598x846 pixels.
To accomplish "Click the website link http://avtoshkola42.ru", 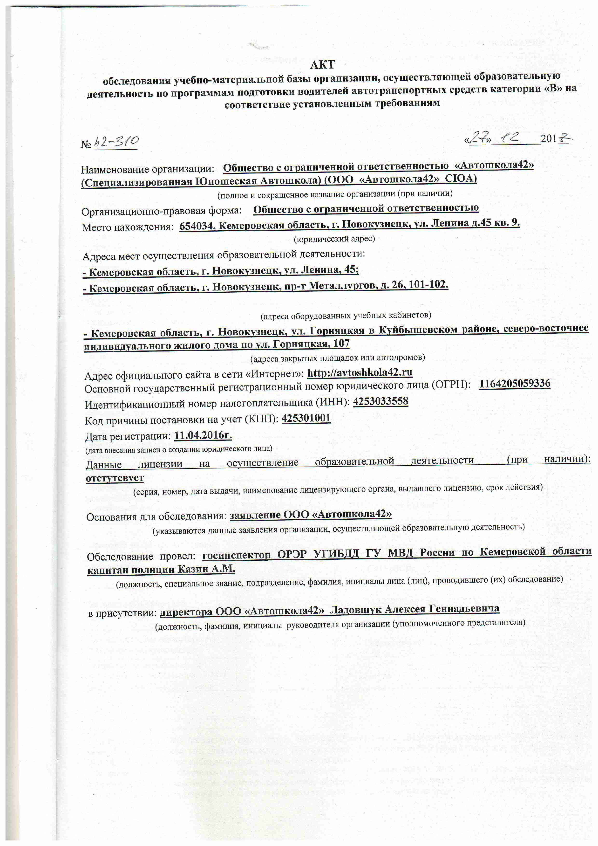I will point(360,372).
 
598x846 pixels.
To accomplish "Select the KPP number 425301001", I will point(306,418).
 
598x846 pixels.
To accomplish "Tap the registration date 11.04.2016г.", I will point(203,435).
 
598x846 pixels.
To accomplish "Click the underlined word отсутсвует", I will point(115,478).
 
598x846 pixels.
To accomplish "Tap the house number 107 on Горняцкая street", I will point(341,344).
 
